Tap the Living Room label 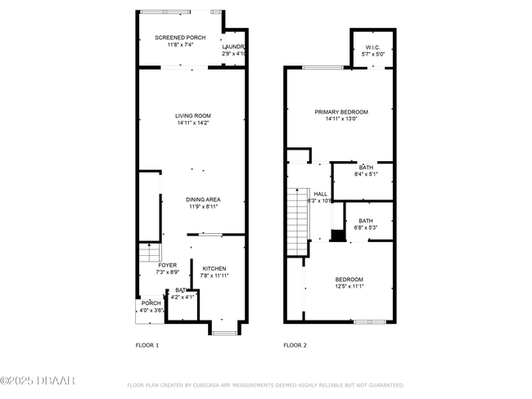pyautogui.click(x=192, y=115)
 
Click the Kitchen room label pyautogui.click(x=214, y=268)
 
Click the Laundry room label pyautogui.click(x=234, y=47)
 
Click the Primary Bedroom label pyautogui.click(x=341, y=112)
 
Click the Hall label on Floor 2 pyautogui.click(x=321, y=194)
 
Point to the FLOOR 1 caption pyautogui.click(x=147, y=345)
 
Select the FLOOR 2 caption pyautogui.click(x=295, y=345)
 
